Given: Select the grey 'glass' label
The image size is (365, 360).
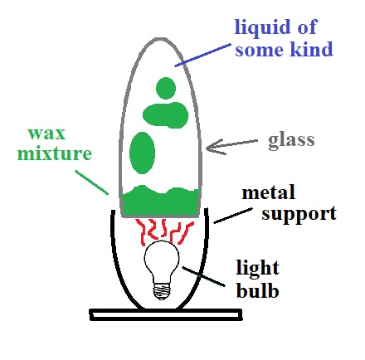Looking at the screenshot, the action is (291, 141).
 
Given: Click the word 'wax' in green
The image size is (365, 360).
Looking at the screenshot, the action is (46, 134).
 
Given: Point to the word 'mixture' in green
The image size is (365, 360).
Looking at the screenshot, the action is (55, 153).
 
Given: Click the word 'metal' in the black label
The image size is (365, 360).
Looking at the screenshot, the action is (269, 192).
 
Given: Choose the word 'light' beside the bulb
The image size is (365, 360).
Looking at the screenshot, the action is (257, 268).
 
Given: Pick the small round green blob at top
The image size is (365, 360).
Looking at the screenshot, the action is (166, 88).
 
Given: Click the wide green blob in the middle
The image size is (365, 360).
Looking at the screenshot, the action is (165, 115).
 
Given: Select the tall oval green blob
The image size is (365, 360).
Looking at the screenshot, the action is (142, 153).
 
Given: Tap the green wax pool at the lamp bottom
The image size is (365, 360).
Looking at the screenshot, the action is (160, 202).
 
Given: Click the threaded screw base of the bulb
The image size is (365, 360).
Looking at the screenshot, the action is (162, 291).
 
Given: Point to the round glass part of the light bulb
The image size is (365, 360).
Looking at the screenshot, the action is (162, 260).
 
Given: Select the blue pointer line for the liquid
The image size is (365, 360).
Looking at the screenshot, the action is (202, 55).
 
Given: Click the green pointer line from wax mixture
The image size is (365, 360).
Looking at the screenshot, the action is (91, 182).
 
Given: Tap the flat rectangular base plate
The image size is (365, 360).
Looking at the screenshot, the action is (166, 314).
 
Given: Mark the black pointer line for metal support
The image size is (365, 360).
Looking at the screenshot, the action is (233, 216).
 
